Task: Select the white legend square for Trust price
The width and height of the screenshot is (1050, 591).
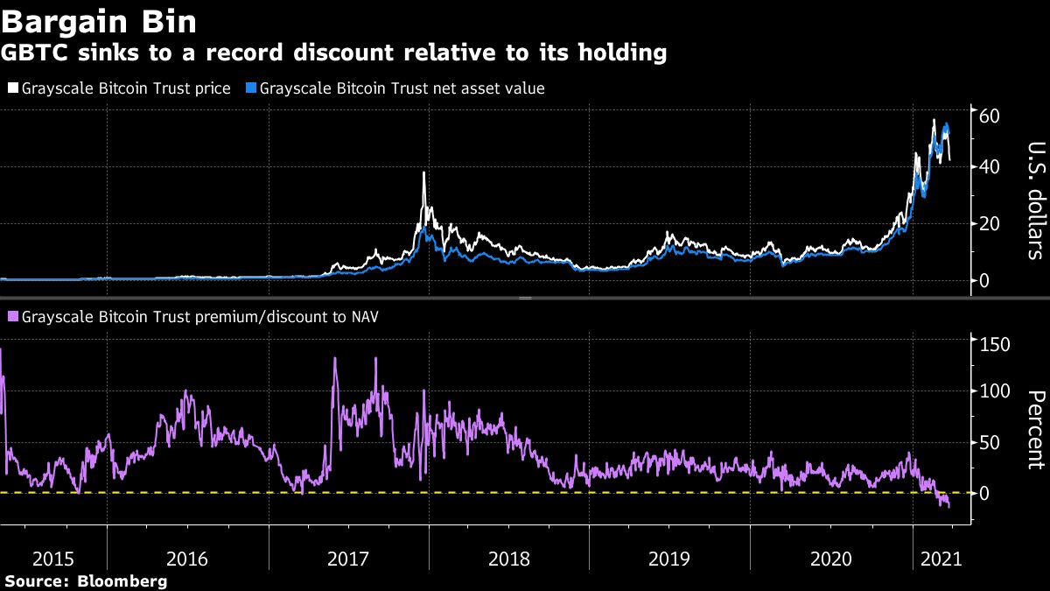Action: [13, 88]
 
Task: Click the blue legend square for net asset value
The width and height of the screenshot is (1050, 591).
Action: [251, 88]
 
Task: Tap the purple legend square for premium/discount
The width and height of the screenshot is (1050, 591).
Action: [13, 317]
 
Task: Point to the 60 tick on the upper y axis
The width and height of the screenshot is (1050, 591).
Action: [990, 116]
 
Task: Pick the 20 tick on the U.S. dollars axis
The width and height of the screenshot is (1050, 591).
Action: [990, 224]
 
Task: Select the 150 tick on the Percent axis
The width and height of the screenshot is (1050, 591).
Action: [994, 344]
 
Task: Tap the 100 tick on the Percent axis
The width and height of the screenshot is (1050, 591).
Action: [994, 391]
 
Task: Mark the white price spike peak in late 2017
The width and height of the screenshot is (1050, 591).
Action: [423, 172]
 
